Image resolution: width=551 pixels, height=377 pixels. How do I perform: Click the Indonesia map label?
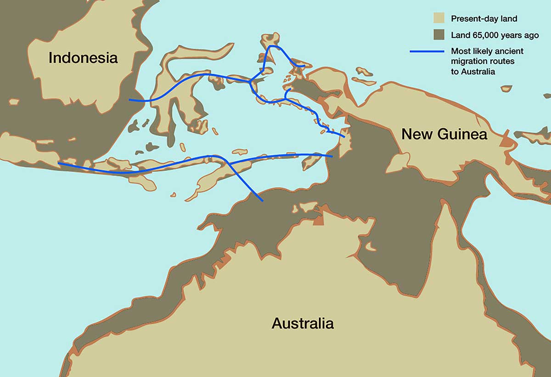tap(83, 58)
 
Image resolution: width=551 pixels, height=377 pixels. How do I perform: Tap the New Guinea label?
tap(444, 134)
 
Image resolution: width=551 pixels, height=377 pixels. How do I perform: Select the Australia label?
tap(303, 323)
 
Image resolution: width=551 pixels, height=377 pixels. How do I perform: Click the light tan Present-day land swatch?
tap(439, 19)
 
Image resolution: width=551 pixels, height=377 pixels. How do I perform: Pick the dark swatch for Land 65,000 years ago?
tap(439, 35)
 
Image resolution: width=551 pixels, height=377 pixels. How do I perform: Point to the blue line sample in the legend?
tap(427, 51)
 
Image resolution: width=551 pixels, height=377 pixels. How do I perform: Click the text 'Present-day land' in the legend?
tap(484, 19)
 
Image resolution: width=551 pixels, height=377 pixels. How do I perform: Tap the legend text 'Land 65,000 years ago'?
tap(495, 35)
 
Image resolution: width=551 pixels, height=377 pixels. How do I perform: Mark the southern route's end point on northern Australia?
tap(262, 201)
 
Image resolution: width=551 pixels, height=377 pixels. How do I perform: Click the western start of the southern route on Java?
tap(59, 163)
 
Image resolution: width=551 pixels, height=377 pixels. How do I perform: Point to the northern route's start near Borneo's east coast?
tap(130, 100)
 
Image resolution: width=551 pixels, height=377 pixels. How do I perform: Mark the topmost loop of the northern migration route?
tap(275, 46)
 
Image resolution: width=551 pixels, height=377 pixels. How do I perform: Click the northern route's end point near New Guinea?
tap(344, 136)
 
